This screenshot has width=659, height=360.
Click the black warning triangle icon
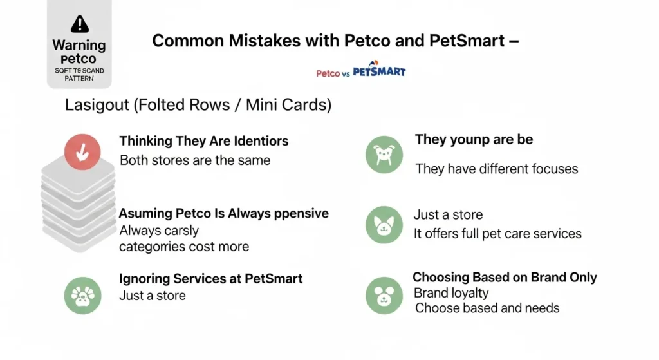(80, 24)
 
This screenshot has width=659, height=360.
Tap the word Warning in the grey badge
(79, 46)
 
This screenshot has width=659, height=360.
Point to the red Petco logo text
(328, 73)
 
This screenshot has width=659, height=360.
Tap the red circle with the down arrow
(82, 151)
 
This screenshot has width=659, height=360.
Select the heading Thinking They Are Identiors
(204, 141)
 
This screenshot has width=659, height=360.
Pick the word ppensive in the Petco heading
(301, 213)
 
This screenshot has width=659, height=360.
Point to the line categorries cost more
(184, 247)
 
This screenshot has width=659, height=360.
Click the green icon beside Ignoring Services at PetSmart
(82, 295)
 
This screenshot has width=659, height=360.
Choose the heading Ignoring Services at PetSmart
(210, 279)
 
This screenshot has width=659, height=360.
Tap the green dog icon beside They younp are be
(384, 155)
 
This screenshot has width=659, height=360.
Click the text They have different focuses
(496, 169)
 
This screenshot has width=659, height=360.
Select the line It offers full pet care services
(497, 234)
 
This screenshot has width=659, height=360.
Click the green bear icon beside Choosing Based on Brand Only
(384, 295)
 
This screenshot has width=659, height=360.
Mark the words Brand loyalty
(451, 293)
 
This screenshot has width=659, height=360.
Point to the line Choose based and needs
(487, 308)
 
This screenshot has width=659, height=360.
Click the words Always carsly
(159, 231)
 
